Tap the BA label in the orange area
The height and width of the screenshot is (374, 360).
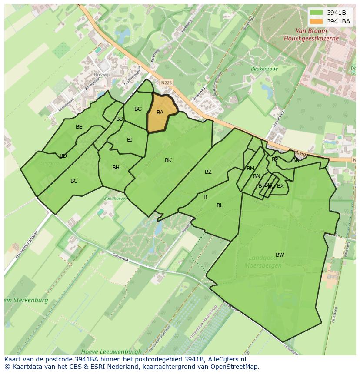click(x=160, y=113)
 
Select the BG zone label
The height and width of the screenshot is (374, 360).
click(x=138, y=109)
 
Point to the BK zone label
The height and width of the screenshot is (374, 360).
click(x=168, y=160)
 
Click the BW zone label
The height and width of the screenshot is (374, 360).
click(x=280, y=255)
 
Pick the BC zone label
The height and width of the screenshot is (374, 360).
click(x=74, y=181)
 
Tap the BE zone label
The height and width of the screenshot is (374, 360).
click(x=79, y=127)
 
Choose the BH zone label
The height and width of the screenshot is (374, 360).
click(x=116, y=168)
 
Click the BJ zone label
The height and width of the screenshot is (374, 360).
click(x=130, y=140)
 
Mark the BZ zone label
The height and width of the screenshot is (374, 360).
click(x=208, y=172)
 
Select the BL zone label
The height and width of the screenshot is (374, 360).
click(x=220, y=205)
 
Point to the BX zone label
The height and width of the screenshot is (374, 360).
click(x=280, y=186)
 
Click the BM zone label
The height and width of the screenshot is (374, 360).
click(x=250, y=169)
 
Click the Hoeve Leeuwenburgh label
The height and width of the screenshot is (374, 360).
click(x=111, y=351)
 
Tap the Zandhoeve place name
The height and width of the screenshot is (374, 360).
click(x=114, y=198)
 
